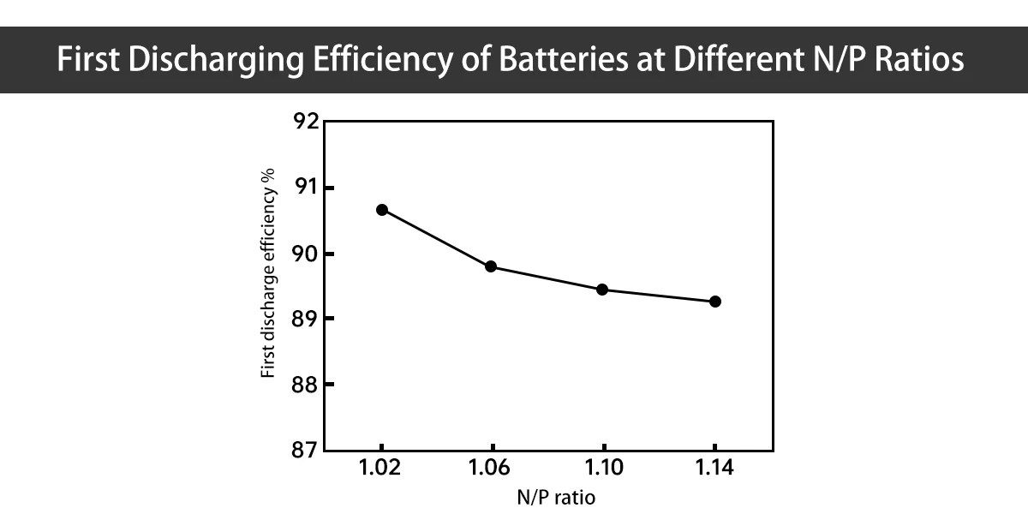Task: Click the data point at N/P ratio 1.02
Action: coord(382,210)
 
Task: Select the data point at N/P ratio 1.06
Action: coord(491,266)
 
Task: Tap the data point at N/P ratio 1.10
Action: coord(601,290)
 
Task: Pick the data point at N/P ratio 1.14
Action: coord(714,302)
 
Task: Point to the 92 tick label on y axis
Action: coord(304,122)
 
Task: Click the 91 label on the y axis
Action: coord(304,188)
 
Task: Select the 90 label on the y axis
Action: coord(304,254)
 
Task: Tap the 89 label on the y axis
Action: coord(304,319)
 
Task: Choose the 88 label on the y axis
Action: coord(304,385)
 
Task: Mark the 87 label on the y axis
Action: coord(304,450)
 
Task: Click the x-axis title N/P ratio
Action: coord(548,497)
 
